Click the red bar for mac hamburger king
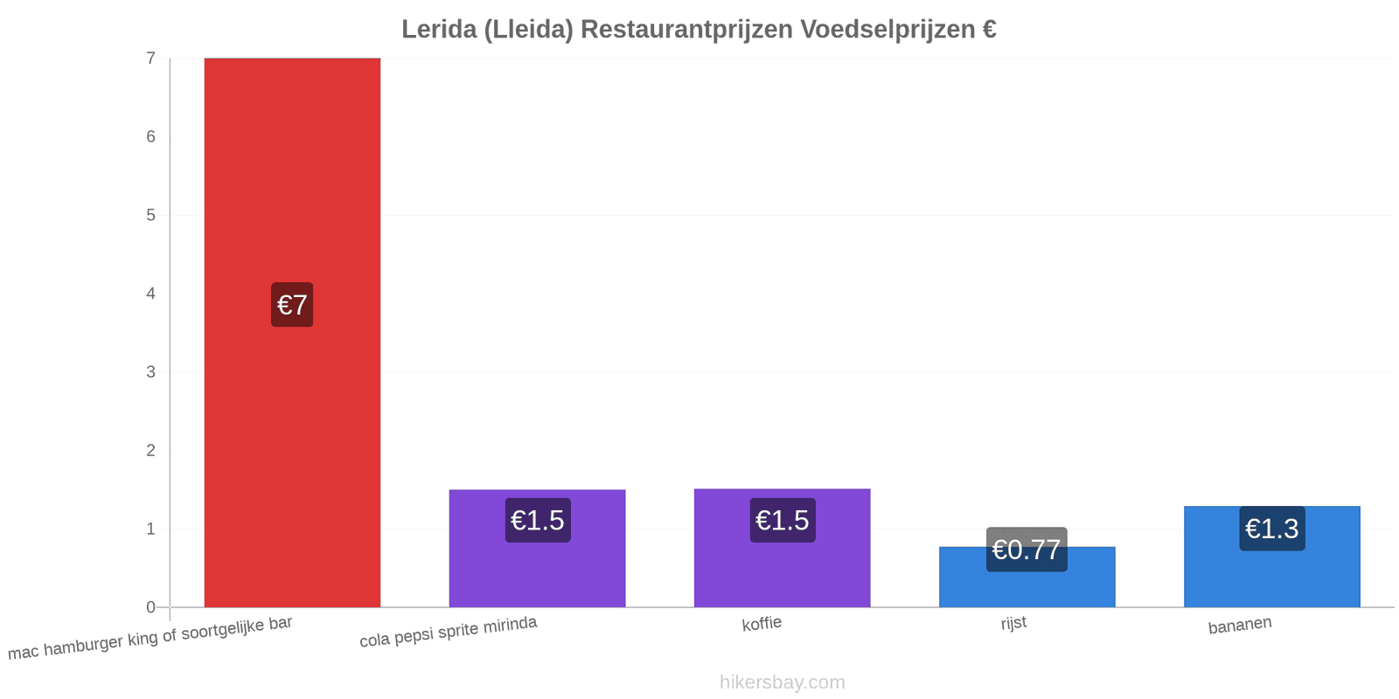(292, 333)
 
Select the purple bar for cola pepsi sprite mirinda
(537, 549)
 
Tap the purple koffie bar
(782, 548)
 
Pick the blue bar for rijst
(1027, 578)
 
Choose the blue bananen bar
(1271, 557)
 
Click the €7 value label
(292, 305)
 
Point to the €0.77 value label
(1027, 550)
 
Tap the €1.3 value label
(1272, 529)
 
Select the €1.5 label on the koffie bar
(783, 521)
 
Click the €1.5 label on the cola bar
(538, 521)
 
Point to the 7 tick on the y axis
(150, 58)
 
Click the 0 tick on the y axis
(150, 607)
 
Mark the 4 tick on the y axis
(150, 294)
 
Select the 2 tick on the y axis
(150, 451)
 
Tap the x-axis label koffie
(762, 624)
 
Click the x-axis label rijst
(1013, 623)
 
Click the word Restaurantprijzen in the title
(687, 30)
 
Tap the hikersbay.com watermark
(782, 682)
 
